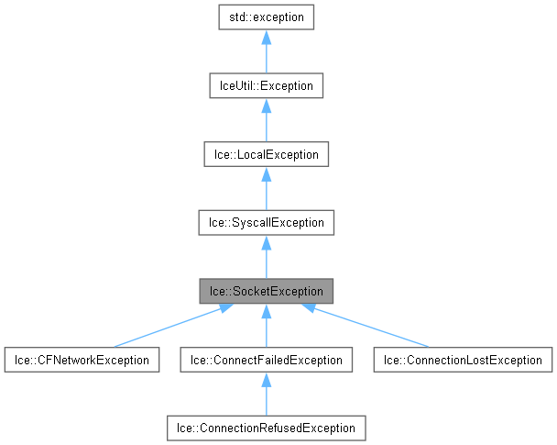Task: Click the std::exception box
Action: pyautogui.click(x=266, y=17)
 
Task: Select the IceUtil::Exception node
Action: pyautogui.click(x=266, y=85)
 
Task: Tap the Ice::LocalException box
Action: pyautogui.click(x=266, y=154)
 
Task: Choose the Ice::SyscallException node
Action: pyautogui.click(x=266, y=222)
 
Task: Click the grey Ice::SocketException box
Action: pyautogui.click(x=266, y=291)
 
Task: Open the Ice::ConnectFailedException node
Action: pyautogui.click(x=266, y=360)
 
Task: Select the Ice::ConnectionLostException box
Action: pyautogui.click(x=464, y=360)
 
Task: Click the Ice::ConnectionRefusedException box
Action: pyautogui.click(x=266, y=428)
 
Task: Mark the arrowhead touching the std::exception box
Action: pyautogui.click(x=266, y=37)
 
